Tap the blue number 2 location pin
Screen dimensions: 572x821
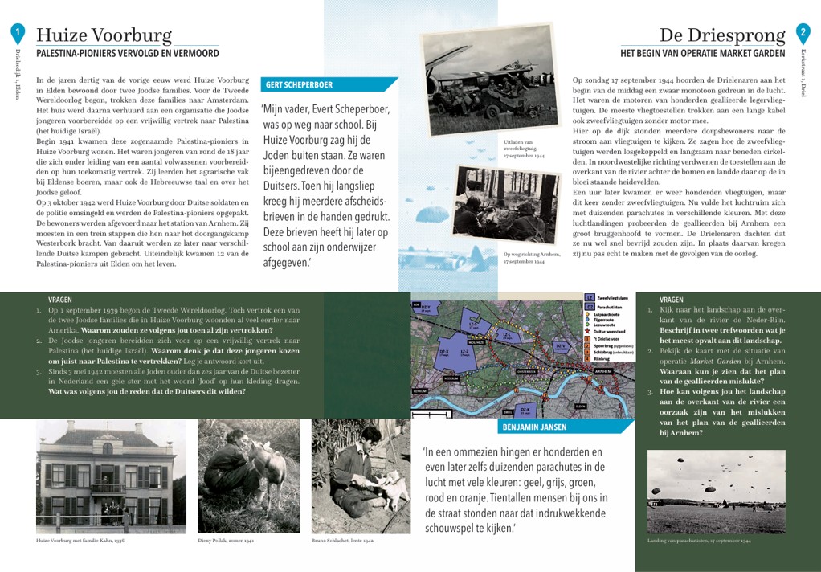coord(803,33)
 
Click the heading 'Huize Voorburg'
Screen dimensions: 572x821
coord(104,35)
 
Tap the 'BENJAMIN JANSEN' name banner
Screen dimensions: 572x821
coord(534,427)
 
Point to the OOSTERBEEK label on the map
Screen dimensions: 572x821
coord(526,371)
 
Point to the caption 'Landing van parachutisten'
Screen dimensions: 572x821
coord(698,541)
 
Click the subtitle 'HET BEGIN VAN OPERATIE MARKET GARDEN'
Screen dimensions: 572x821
coord(702,54)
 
